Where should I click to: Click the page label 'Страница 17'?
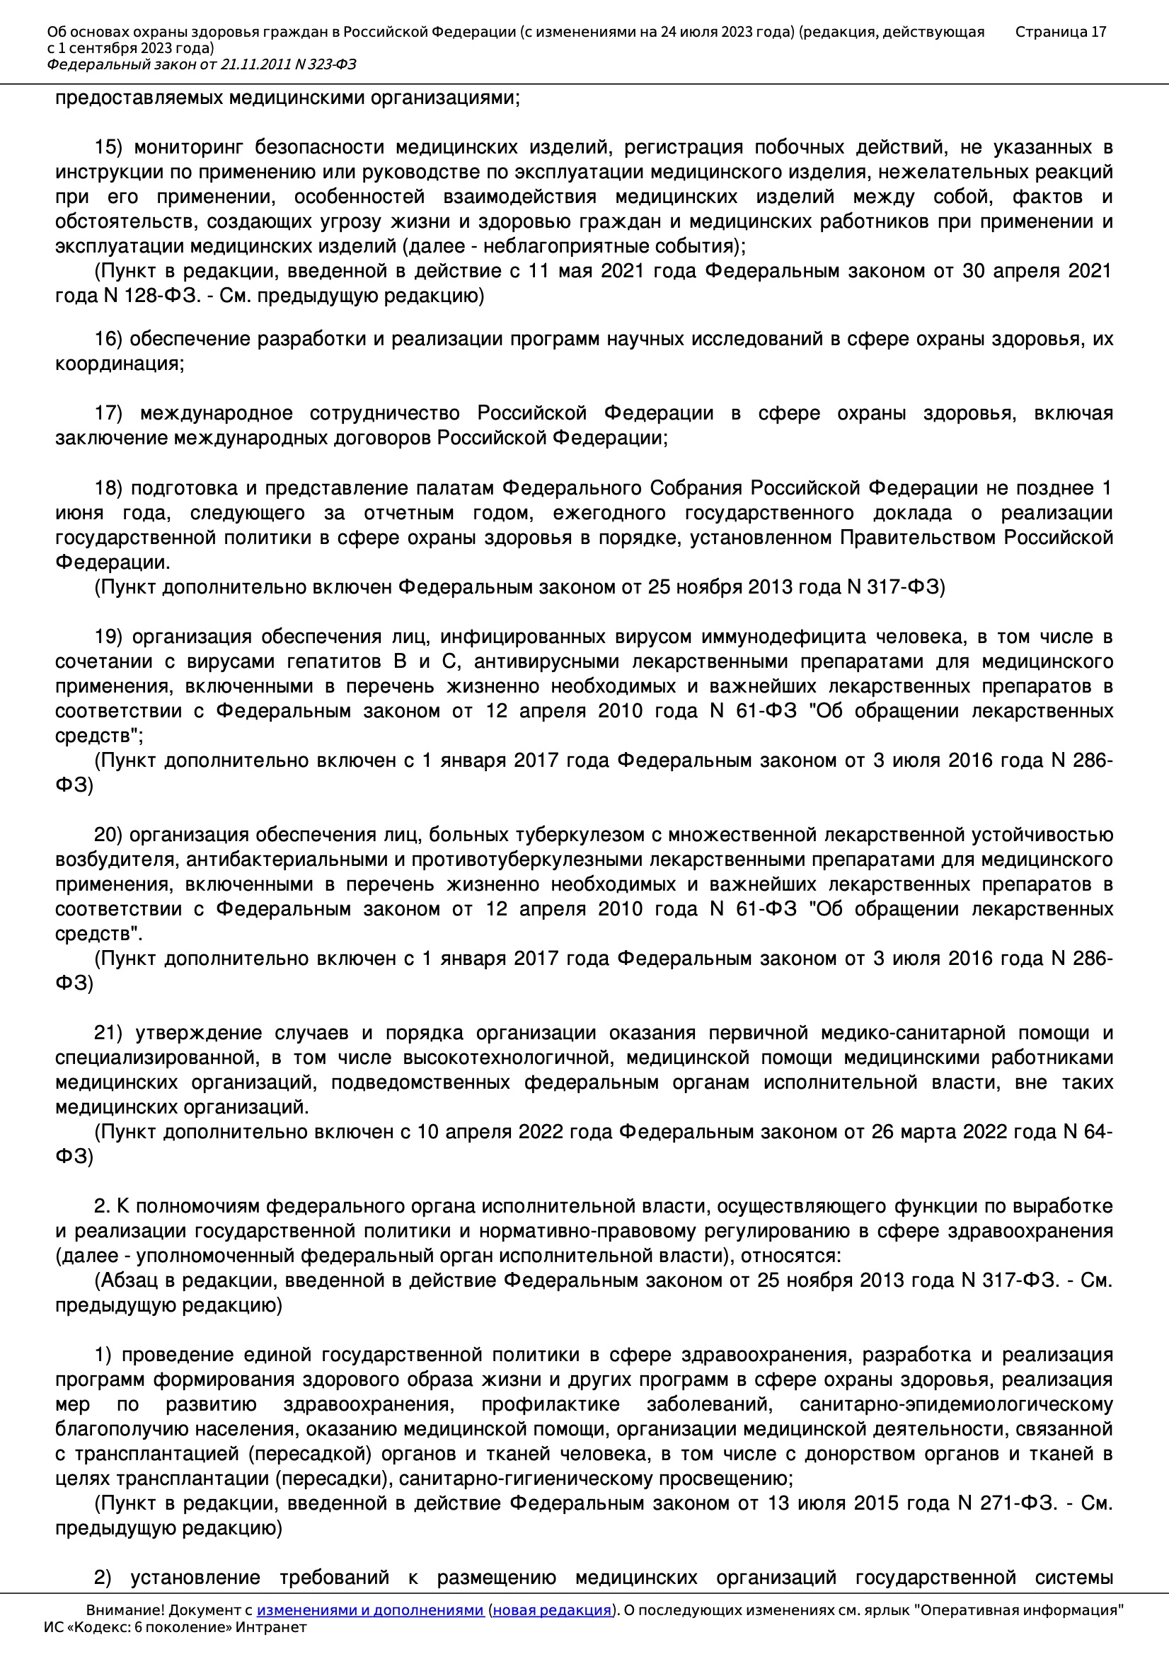click(x=1060, y=32)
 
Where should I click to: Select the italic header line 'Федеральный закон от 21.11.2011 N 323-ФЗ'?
click(x=202, y=65)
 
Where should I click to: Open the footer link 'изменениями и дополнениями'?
click(x=369, y=1610)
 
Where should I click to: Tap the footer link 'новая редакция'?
click(x=551, y=1610)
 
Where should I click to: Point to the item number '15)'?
click(x=109, y=148)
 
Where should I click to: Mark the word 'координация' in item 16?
click(x=118, y=364)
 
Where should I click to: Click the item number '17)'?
click(x=109, y=413)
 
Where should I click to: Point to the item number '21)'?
click(x=109, y=1033)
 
